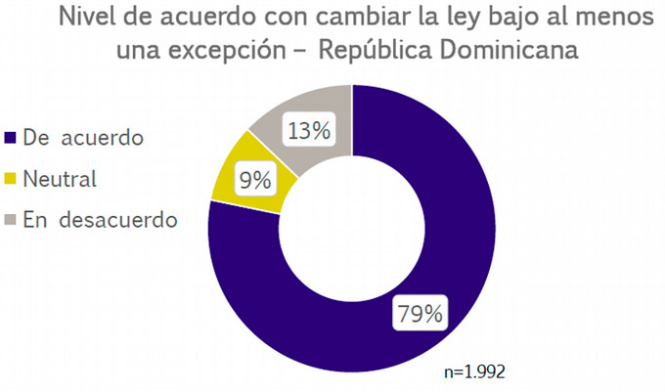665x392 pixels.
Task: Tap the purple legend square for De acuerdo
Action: [x=12, y=138]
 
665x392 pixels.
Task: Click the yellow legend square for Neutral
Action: [x=12, y=180]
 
